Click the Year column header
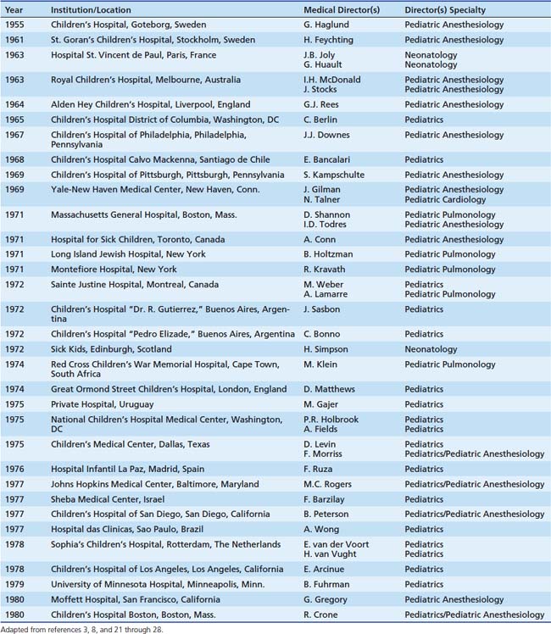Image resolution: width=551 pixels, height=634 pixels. pyautogui.click(x=14, y=8)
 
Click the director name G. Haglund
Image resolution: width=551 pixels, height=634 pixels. pyautogui.click(x=326, y=25)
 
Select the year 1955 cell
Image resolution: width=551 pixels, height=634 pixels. pyautogui.click(x=14, y=25)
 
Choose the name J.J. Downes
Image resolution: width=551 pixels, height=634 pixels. pyautogui.click(x=323, y=135)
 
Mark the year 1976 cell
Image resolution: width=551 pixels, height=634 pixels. pyautogui.click(x=14, y=469)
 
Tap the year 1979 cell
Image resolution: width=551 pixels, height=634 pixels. pyautogui.click(x=14, y=584)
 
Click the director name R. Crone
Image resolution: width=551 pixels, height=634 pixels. pyautogui.click(x=322, y=615)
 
